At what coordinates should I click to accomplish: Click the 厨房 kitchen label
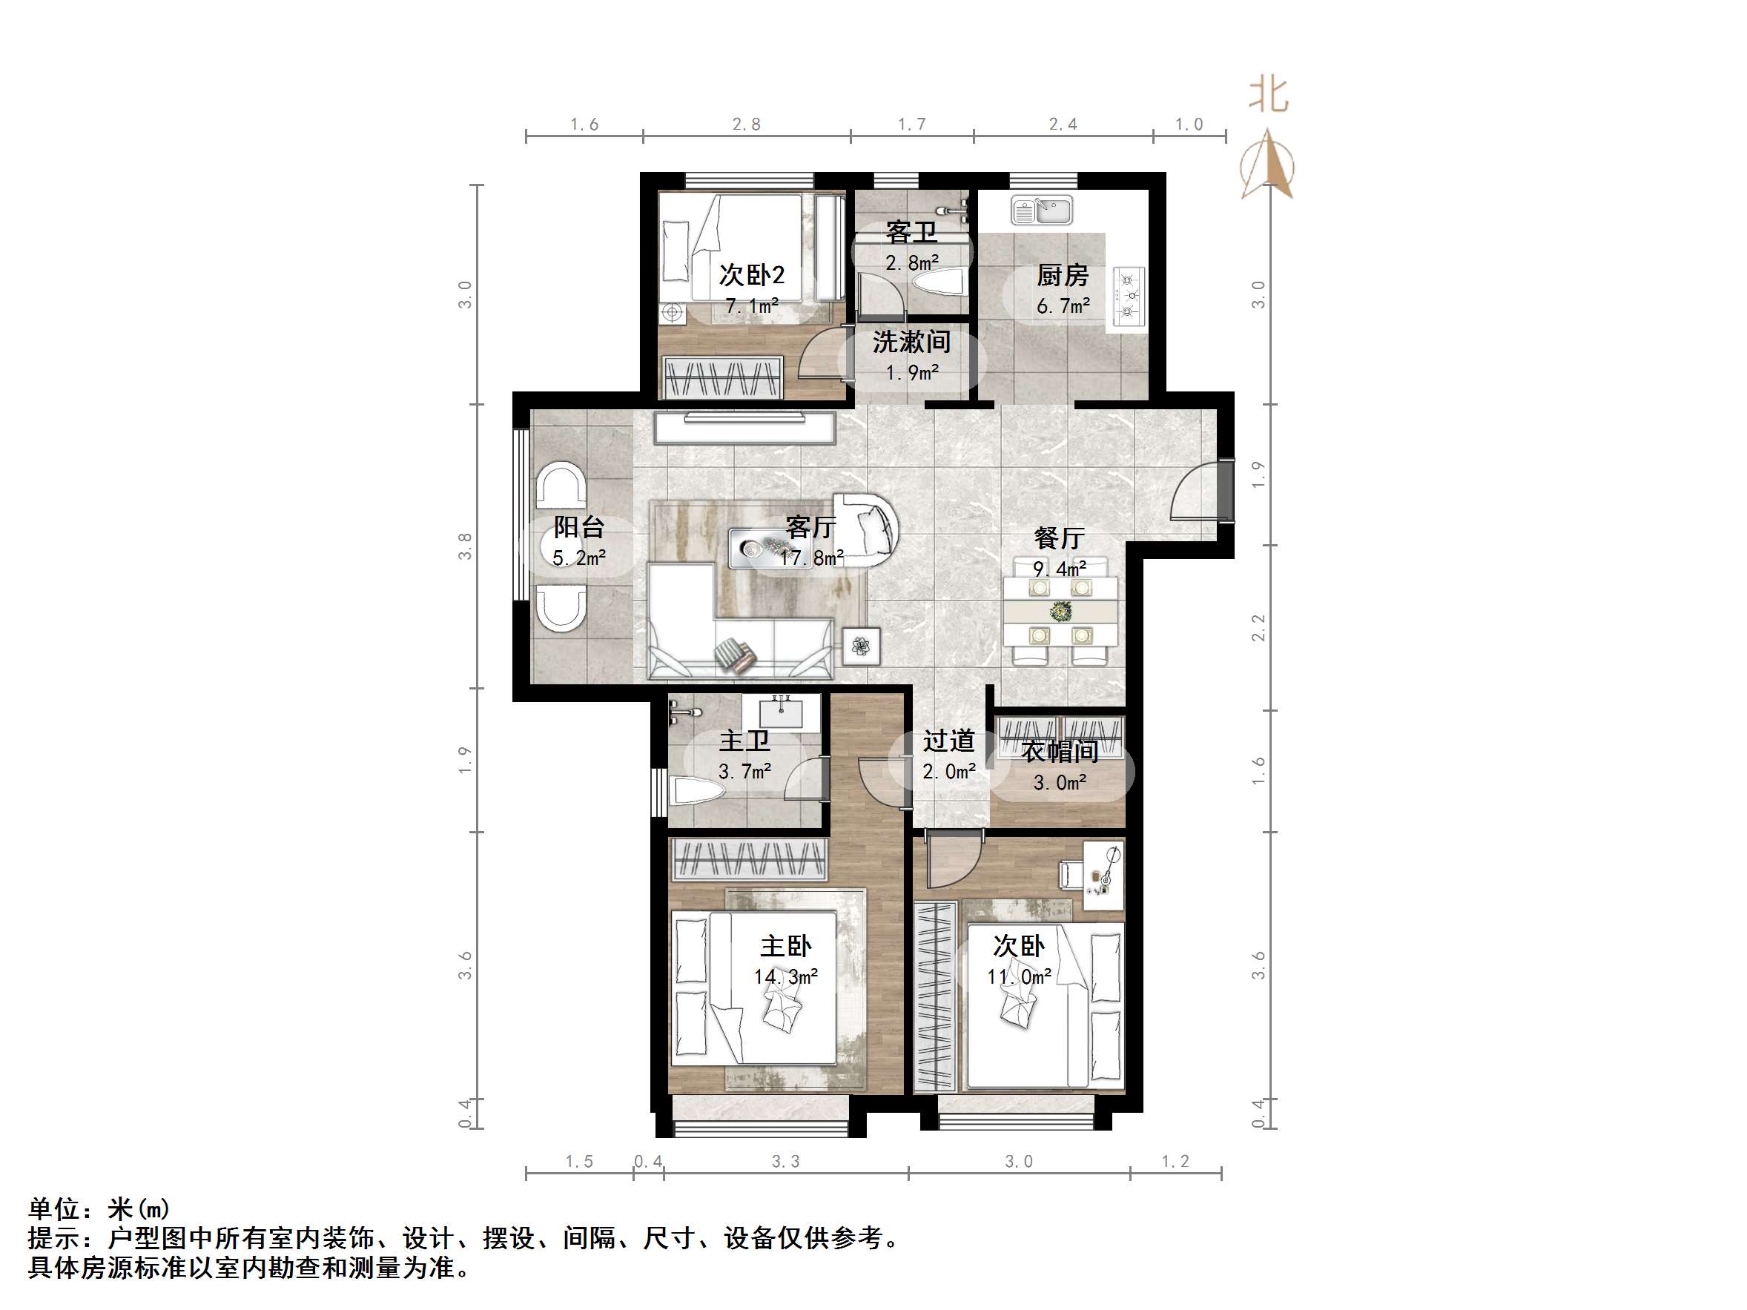(1063, 276)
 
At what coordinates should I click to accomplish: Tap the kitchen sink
(1042, 211)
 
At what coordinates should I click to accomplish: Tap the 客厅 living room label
(811, 526)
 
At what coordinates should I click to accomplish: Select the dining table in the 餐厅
(1060, 611)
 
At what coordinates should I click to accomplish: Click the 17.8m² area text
(812, 558)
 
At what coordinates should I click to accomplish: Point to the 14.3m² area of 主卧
(785, 977)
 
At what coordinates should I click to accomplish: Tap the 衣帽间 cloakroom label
(1060, 751)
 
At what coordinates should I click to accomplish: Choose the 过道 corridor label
(948, 741)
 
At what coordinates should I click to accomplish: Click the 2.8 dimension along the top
(747, 124)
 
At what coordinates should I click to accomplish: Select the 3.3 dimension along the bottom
(786, 1162)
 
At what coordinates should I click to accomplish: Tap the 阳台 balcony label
(579, 526)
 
